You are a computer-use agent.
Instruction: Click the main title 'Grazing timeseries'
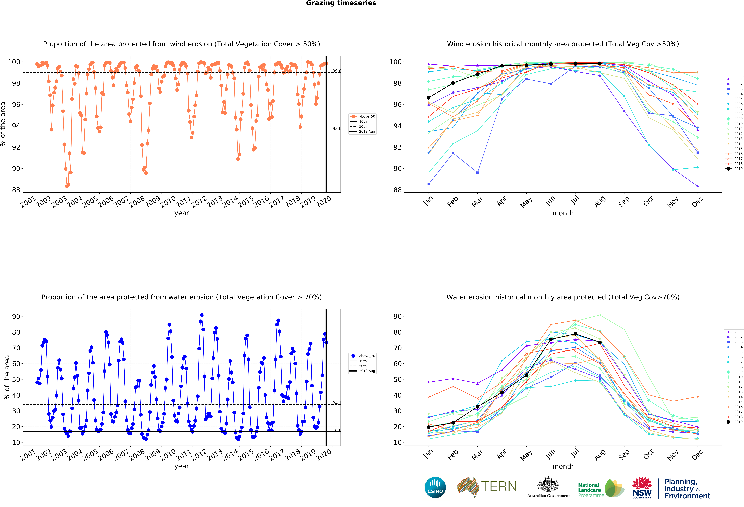pos(341,3)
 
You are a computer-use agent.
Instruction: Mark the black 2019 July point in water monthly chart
pos(575,334)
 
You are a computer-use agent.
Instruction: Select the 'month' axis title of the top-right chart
pos(563,213)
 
